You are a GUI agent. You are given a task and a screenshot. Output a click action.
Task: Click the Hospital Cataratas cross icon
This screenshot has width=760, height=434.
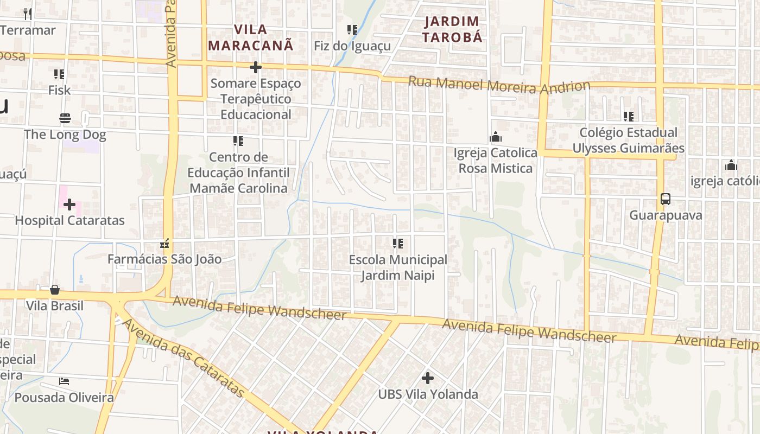click(69, 205)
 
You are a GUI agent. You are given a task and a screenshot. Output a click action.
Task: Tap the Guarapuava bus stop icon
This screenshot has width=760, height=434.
click(666, 199)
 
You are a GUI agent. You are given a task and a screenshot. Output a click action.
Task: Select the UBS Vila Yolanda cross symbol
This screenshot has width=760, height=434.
click(428, 378)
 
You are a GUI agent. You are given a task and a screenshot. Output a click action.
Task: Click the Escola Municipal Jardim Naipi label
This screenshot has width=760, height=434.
click(398, 267)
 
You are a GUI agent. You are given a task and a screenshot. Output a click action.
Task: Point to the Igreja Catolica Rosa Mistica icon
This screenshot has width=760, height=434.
click(496, 137)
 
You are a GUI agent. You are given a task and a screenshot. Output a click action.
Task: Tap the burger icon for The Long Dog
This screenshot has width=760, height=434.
click(65, 118)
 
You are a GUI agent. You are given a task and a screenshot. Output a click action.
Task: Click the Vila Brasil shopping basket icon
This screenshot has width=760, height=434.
click(55, 290)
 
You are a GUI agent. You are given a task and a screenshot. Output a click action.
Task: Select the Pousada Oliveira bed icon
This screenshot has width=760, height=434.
click(64, 381)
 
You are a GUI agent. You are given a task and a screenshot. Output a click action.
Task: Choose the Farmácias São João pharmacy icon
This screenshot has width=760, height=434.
click(164, 244)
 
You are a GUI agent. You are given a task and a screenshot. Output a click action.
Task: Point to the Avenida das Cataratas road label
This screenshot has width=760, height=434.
click(183, 359)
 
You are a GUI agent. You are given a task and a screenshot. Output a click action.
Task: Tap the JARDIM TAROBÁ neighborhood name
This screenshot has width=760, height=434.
click(452, 29)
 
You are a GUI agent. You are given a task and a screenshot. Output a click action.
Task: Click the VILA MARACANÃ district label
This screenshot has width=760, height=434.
click(251, 37)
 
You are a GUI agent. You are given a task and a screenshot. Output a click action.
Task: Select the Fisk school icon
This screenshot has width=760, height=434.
click(59, 74)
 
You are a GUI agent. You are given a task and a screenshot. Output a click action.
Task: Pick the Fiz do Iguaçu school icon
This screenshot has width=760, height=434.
click(352, 30)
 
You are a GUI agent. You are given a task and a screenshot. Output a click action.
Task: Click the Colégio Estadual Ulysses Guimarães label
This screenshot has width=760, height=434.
click(628, 140)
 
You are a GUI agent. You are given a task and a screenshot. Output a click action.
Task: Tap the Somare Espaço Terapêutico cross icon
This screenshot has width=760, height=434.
click(255, 67)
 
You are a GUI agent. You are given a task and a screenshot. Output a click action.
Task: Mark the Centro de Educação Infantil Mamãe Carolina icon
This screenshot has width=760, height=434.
click(238, 141)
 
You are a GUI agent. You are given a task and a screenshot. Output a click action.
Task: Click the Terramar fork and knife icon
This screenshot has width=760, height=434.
click(28, 14)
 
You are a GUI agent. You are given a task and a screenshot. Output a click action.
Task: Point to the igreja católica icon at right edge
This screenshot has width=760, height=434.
click(731, 165)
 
